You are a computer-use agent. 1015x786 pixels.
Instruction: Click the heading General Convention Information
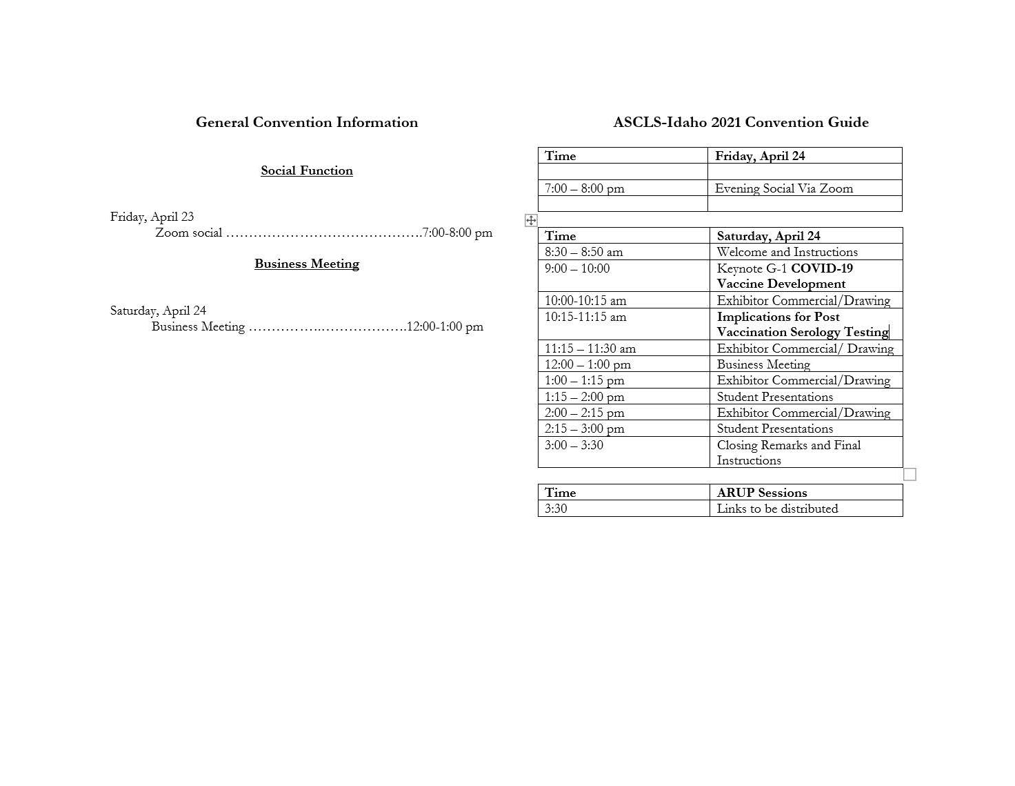tap(307, 123)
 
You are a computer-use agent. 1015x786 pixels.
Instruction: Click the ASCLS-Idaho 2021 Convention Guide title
tap(741, 123)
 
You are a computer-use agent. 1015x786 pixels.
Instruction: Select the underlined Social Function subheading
tap(307, 171)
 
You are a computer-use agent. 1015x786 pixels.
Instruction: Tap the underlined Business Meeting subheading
tap(307, 264)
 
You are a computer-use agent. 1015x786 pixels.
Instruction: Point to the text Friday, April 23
tap(152, 217)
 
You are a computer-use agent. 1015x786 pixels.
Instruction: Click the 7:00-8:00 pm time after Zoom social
tap(458, 233)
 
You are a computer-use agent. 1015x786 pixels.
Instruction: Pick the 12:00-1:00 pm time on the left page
tap(445, 326)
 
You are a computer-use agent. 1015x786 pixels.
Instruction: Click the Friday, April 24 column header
tap(760, 156)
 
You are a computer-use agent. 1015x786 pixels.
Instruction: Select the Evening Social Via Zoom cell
tap(784, 188)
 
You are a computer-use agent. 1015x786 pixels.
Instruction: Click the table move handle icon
tap(531, 220)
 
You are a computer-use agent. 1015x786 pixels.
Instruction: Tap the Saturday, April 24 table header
tap(769, 236)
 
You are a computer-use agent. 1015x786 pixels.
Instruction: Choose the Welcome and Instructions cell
tap(787, 252)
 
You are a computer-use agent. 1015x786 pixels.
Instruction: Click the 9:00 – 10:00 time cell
tap(577, 268)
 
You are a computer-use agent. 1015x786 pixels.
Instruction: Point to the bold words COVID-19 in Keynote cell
tap(822, 268)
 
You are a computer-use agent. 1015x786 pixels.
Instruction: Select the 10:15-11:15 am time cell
tap(585, 317)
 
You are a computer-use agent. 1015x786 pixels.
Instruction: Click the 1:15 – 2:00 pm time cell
tap(585, 397)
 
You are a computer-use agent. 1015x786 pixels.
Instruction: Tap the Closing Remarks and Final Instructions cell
tap(789, 453)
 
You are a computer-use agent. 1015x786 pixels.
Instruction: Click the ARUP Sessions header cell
tap(762, 493)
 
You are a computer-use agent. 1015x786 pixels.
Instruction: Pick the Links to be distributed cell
tap(778, 509)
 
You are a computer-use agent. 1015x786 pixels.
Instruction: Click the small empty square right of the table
tap(910, 474)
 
